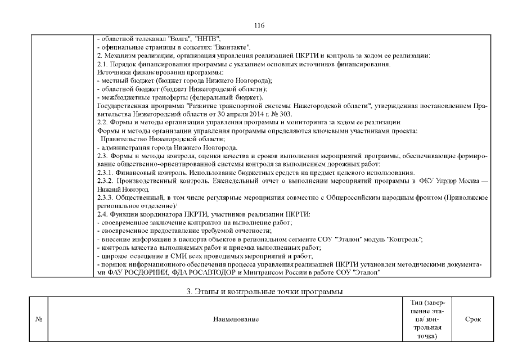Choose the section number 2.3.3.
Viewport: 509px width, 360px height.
pyautogui.click(x=106, y=198)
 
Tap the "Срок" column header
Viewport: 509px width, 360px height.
pyautogui.click(x=472, y=319)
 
